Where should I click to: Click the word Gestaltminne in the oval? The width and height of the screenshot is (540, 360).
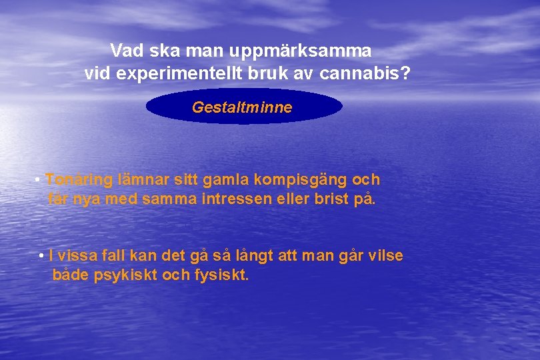coord(242,107)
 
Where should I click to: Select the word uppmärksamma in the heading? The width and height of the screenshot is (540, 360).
coord(301,51)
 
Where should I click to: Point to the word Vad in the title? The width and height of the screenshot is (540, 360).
coord(125,51)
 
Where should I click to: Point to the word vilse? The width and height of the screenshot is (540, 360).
coord(385,256)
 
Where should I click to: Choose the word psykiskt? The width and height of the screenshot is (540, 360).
coord(126,275)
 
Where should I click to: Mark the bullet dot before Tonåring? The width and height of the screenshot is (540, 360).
coord(39,181)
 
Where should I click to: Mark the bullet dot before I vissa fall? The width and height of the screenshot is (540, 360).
coord(42,257)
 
